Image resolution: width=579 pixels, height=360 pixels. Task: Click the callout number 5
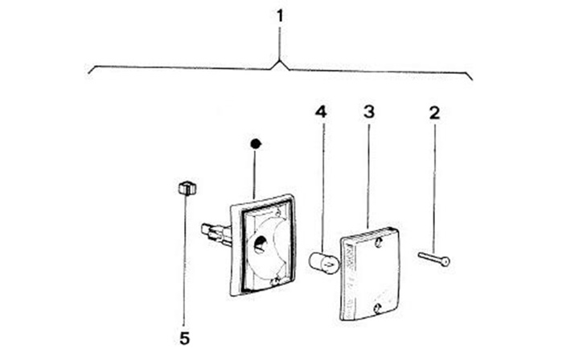click(x=184, y=338)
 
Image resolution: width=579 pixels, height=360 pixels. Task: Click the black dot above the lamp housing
click(x=256, y=144)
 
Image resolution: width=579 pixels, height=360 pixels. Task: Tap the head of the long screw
click(x=446, y=260)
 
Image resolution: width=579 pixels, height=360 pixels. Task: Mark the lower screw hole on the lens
click(x=376, y=308)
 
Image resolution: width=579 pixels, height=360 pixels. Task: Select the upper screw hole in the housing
click(x=278, y=212)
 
